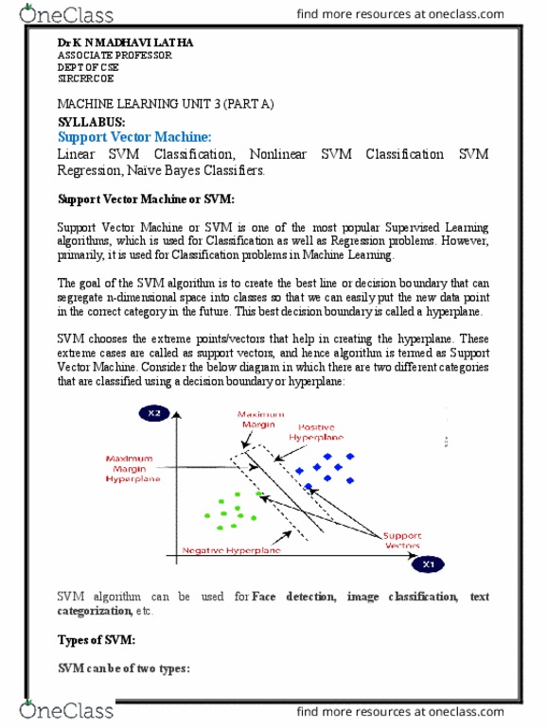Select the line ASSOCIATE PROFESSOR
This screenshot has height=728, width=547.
115,56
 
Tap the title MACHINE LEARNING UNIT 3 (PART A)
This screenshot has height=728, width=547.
166,105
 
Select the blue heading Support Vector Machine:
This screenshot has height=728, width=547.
134,138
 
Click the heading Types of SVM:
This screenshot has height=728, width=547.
97,640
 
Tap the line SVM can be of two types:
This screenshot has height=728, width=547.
124,668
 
